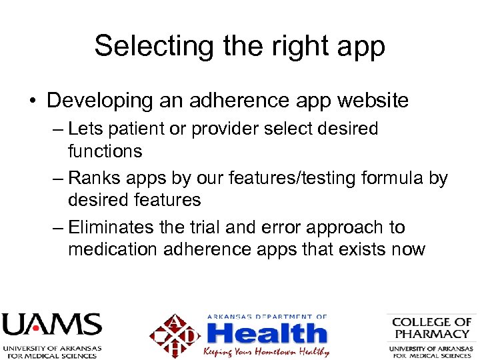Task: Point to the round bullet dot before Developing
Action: [x=32, y=101]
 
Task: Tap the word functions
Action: [x=105, y=151]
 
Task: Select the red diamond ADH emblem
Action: [x=175, y=334]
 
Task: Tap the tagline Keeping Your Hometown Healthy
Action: [x=267, y=351]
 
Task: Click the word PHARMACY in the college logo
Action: [x=432, y=333]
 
